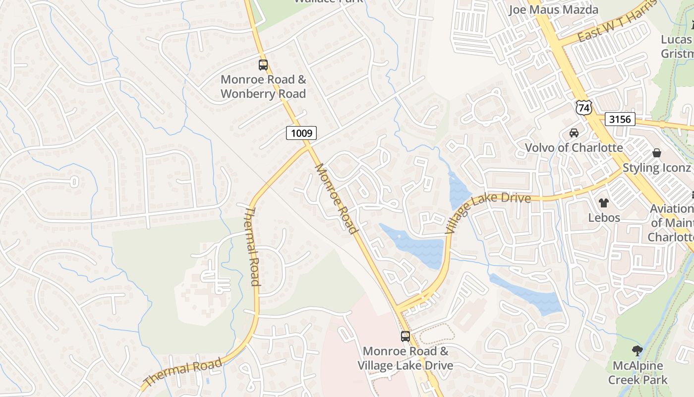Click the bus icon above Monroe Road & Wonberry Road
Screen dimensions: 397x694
(263, 65)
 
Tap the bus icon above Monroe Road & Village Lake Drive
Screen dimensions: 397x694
(405, 336)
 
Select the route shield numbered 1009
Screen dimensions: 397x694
(301, 133)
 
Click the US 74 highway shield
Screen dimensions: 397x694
(584, 108)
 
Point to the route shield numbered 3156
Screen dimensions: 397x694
(620, 119)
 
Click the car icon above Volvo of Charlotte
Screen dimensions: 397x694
(574, 133)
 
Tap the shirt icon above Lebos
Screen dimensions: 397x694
(604, 202)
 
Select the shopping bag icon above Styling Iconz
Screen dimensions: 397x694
(657, 153)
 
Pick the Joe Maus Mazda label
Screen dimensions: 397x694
(554, 9)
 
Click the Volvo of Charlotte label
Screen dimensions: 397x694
(574, 148)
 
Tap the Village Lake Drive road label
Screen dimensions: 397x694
(488, 212)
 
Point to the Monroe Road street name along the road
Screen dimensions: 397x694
(336, 198)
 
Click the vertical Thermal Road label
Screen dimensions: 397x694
(252, 247)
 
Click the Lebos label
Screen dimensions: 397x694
(604, 217)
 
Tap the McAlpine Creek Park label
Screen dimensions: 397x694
(637, 373)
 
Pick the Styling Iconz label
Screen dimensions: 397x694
(656, 168)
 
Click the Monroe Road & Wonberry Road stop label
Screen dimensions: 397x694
(263, 86)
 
